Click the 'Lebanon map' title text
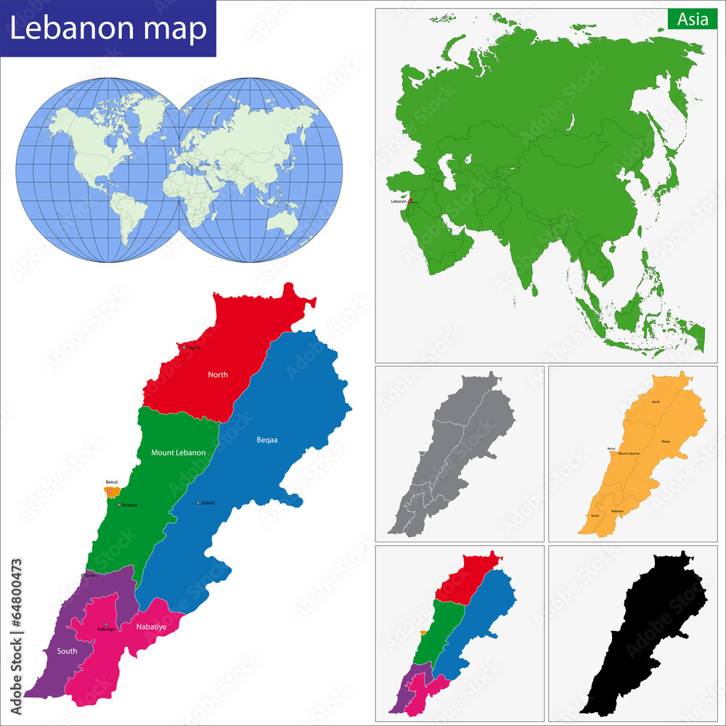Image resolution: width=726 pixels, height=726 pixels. coord(108,28)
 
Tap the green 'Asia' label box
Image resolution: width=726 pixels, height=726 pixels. coord(693,20)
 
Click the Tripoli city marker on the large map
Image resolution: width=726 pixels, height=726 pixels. coord(184,348)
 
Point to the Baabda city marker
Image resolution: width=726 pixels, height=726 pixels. coord(118,505)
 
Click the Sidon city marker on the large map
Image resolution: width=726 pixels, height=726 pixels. coord(83,575)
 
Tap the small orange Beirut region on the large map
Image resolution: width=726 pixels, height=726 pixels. coord(113,493)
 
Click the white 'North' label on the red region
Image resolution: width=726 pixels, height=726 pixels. coord(218,375)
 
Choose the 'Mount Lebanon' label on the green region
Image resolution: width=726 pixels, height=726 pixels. coord(178,452)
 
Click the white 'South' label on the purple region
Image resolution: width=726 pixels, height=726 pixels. coord(67,651)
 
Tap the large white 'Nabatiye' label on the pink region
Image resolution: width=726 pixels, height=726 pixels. coord(151,626)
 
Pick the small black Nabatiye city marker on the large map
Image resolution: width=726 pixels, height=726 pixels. coord(105,624)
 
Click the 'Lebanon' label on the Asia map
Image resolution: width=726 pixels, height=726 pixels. coord(399,201)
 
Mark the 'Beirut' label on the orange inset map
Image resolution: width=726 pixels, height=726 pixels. coord(611,449)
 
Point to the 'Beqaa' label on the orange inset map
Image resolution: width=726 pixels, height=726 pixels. coord(665,441)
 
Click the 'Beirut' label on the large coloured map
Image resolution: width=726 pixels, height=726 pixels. coord(112,482)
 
